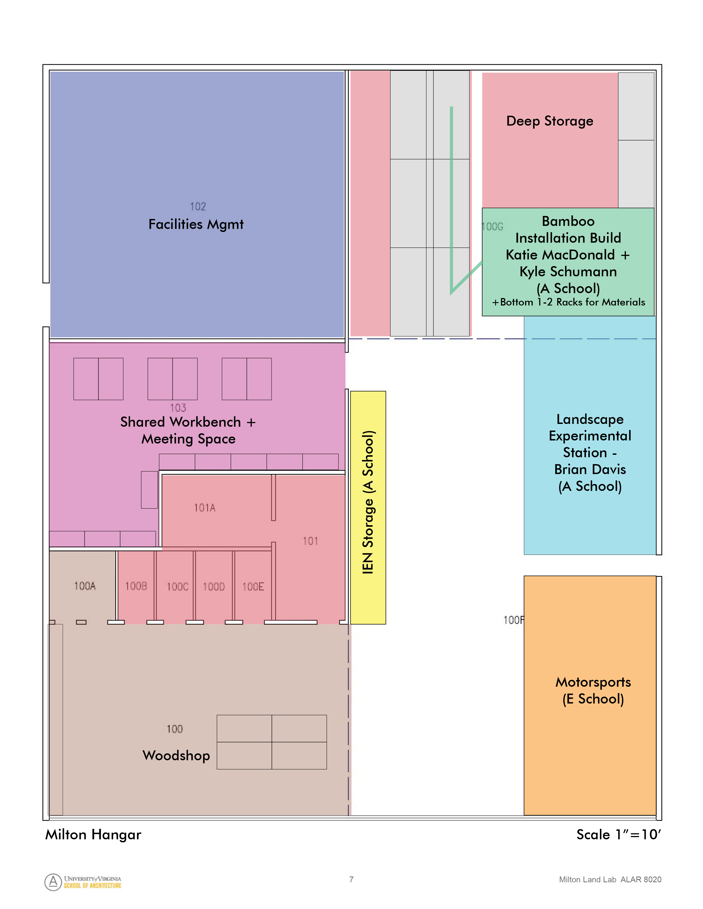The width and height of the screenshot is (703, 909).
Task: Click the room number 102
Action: click(198, 206)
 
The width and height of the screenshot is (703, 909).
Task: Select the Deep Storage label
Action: click(549, 121)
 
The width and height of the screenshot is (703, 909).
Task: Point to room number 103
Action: click(178, 408)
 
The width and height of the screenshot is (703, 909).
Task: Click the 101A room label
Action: click(205, 508)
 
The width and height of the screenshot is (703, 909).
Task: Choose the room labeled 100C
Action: click(178, 587)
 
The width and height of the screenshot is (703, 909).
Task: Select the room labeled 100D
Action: click(214, 587)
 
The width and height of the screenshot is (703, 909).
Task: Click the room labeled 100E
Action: click(253, 587)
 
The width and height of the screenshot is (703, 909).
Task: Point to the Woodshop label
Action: click(176, 755)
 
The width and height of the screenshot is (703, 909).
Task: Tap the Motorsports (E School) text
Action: click(593, 691)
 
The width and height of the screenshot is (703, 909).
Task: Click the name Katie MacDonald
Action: click(560, 255)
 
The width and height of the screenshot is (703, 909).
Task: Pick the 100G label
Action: click(492, 227)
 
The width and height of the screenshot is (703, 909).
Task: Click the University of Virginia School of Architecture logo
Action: click(83, 882)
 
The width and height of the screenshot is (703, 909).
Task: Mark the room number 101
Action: click(310, 541)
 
